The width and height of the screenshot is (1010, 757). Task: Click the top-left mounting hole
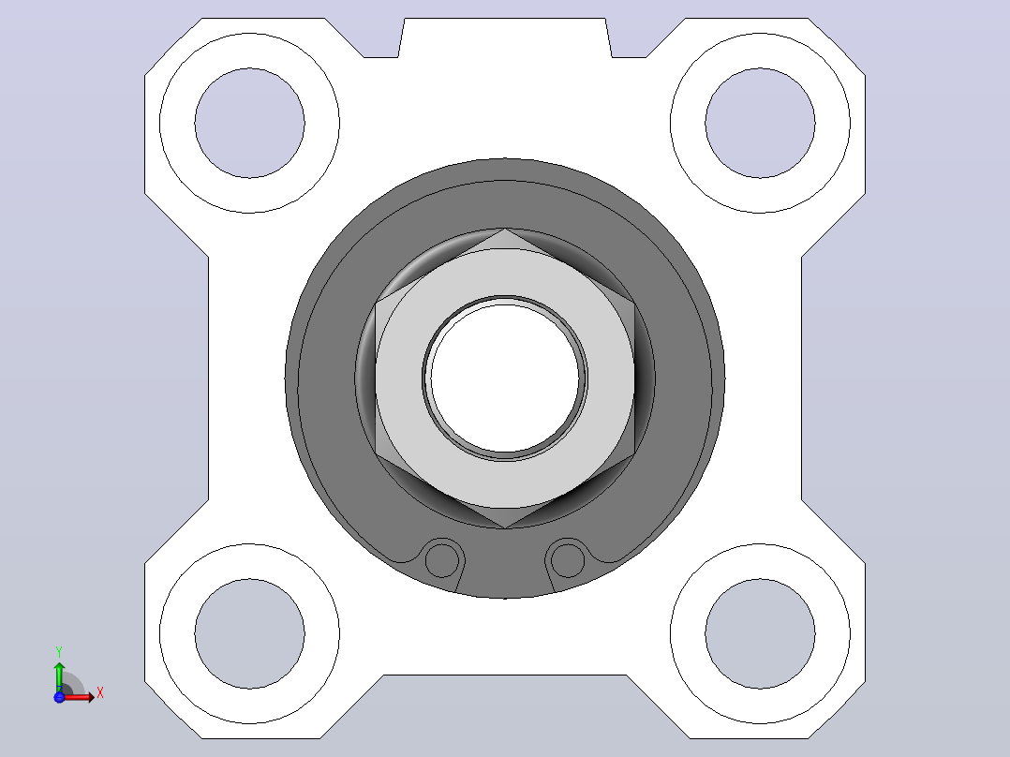[x=250, y=123]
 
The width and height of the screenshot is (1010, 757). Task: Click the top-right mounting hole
[x=760, y=123]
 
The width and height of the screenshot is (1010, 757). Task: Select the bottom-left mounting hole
[x=250, y=633]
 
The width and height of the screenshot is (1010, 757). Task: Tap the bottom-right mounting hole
[x=760, y=633]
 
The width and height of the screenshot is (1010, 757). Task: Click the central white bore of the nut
[x=505, y=378]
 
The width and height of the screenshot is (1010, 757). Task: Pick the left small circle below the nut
[x=442, y=559]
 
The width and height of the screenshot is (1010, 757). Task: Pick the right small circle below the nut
[x=568, y=559]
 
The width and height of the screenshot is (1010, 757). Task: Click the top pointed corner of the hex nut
[x=505, y=229]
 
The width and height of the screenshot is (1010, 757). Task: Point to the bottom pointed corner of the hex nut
[x=505, y=527]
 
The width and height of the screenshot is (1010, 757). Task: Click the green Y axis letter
[x=59, y=652]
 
